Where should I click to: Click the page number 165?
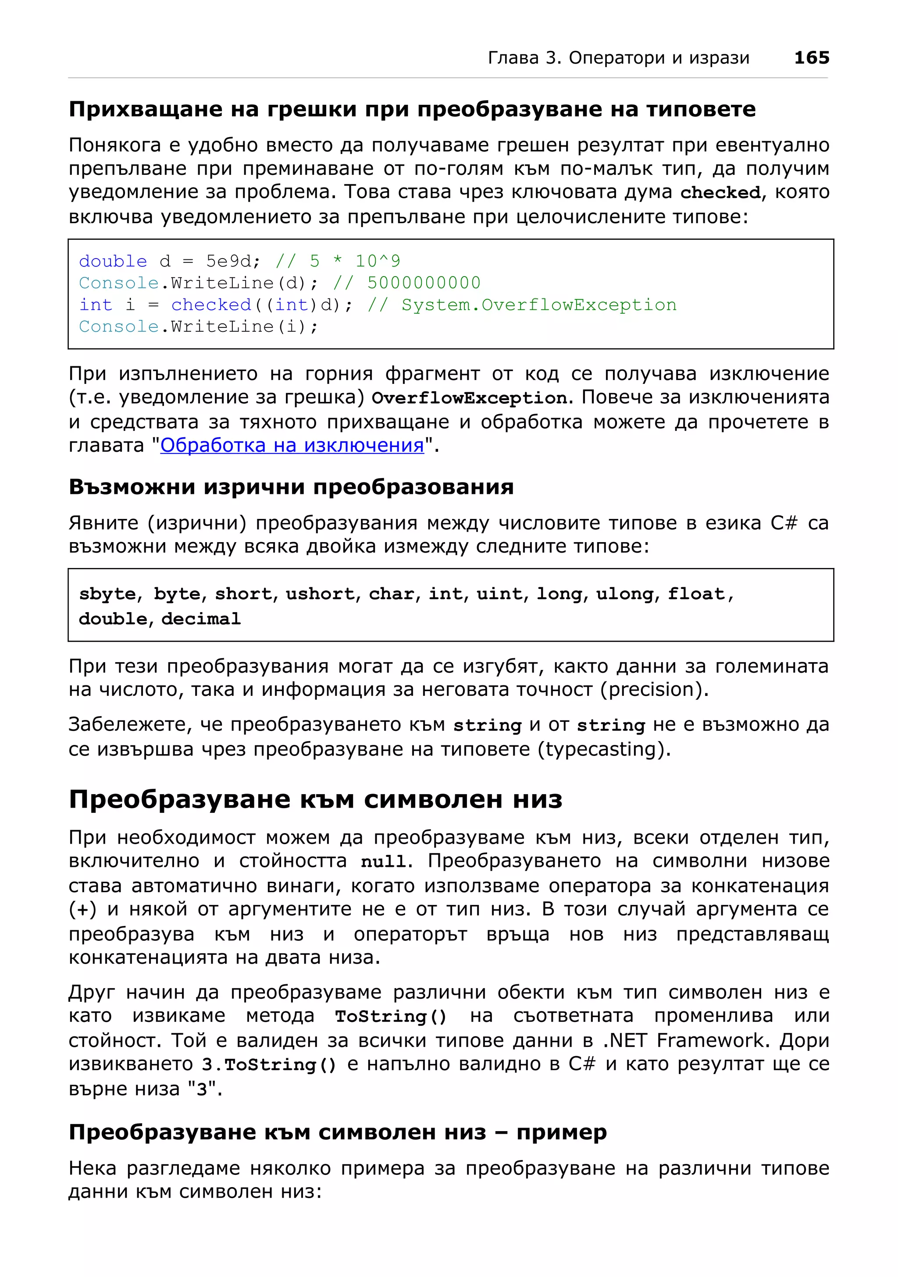tap(811, 57)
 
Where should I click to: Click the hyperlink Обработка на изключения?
tap(292, 446)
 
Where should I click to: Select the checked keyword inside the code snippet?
tap(211, 305)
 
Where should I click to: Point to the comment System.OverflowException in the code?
tap(538, 305)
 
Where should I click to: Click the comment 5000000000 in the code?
tap(424, 283)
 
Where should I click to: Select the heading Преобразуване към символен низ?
tap(315, 799)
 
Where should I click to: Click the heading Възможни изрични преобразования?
tap(291, 487)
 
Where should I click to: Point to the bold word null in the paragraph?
tap(383, 862)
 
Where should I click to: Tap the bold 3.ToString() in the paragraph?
tap(269, 1064)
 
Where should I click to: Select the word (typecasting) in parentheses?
tap(604, 749)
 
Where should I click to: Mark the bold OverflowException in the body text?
tap(469, 398)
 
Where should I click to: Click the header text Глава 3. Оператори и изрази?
tap(618, 58)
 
